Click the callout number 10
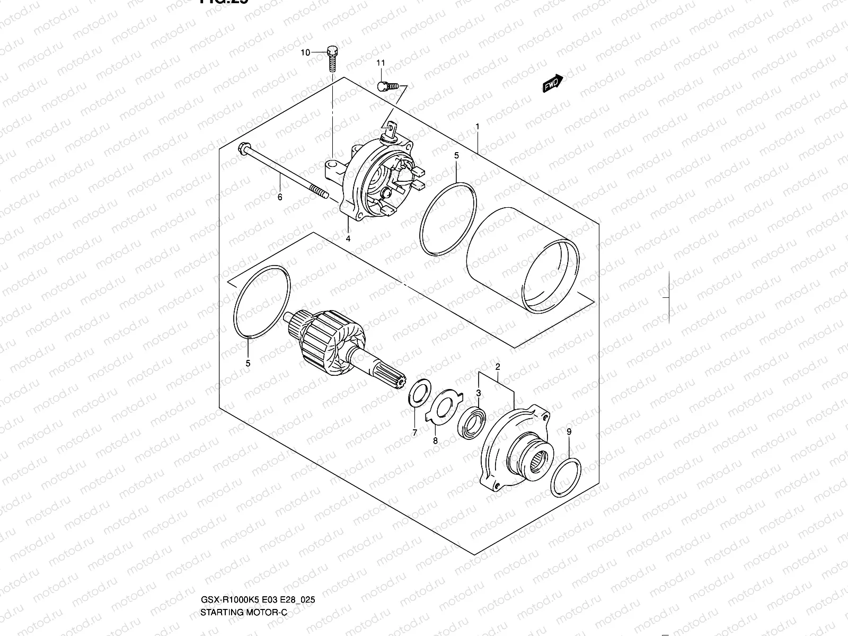(x=305, y=52)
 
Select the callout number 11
(x=381, y=64)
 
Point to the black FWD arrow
(x=552, y=83)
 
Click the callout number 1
(x=478, y=127)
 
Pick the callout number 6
(x=280, y=197)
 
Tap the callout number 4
(x=348, y=238)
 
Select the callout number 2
(x=498, y=367)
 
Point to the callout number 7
(x=414, y=433)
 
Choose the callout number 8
(x=435, y=440)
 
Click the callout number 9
(x=569, y=432)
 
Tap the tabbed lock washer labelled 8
(x=445, y=406)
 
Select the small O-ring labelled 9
(x=566, y=478)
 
